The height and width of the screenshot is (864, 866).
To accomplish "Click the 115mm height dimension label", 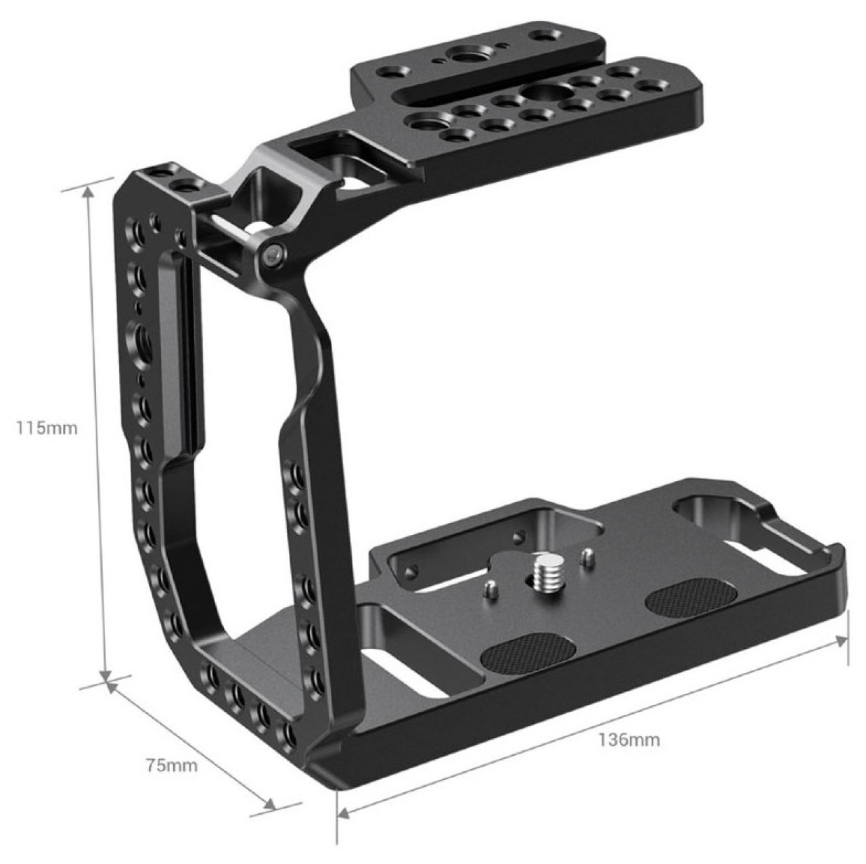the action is [47, 428].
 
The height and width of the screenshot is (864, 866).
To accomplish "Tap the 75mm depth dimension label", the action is [172, 765].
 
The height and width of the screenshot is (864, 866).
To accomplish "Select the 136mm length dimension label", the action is [629, 740].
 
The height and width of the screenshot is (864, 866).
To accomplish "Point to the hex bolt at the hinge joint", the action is [274, 256].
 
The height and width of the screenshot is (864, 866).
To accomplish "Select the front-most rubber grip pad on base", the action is [528, 652].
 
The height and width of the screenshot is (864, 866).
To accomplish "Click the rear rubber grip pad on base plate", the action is [691, 597].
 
